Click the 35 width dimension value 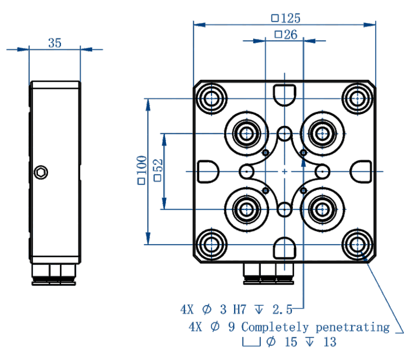coord(55,43)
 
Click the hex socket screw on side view coord(41,173)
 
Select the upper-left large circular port coord(246,134)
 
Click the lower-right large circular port coord(322,209)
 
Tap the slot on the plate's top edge coord(284,94)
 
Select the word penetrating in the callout coord(353,327)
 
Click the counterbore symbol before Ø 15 coord(252,343)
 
